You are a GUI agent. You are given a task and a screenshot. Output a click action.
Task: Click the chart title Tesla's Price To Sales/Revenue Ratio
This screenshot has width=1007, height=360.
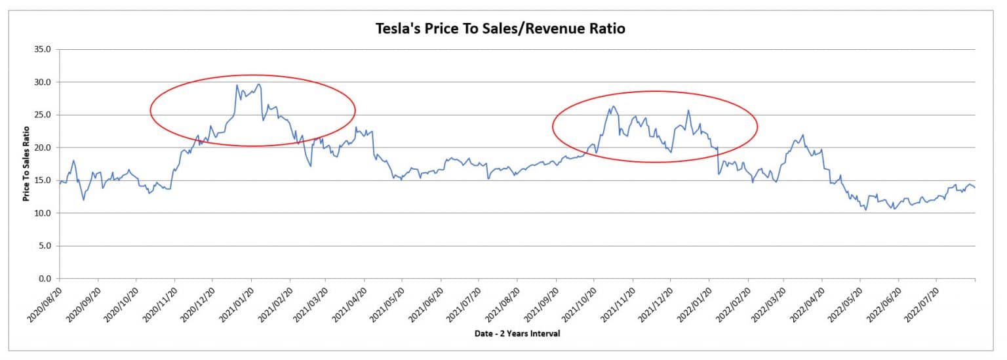click(x=500, y=28)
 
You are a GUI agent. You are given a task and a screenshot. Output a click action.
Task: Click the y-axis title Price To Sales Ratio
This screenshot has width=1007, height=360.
click(x=27, y=165)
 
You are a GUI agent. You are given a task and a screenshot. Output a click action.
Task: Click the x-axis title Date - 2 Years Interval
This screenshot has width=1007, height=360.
click(x=517, y=334)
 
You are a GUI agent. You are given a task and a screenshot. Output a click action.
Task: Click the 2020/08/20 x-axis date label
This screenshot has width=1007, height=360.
click(x=45, y=304)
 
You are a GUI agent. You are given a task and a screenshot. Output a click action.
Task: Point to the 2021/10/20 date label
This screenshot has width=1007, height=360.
click(x=579, y=304)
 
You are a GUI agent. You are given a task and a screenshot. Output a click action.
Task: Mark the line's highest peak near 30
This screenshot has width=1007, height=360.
click(x=237, y=85)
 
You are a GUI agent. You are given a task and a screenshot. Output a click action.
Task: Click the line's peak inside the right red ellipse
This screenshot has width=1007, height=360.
click(x=613, y=106)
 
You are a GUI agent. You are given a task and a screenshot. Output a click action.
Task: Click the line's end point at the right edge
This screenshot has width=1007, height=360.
click(x=975, y=188)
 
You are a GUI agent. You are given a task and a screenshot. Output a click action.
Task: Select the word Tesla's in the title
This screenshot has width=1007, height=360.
click(x=395, y=28)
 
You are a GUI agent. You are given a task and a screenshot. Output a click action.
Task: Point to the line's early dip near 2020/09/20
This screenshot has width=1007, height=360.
click(x=83, y=200)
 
